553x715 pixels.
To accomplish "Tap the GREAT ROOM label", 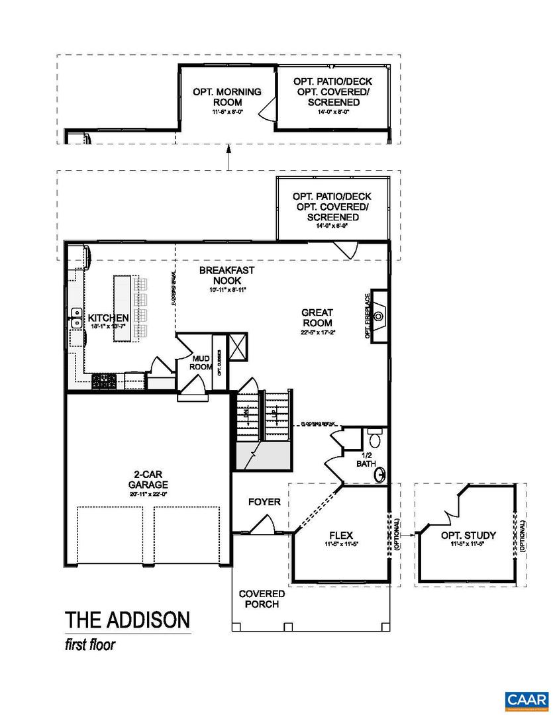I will coord(317,317).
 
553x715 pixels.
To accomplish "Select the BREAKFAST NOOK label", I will coord(226,275).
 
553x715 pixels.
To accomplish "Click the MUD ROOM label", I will coord(201,362).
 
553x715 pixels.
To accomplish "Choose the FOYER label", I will coord(264,502).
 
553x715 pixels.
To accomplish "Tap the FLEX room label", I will coord(340,535).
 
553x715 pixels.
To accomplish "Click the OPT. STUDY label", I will coord(468,535).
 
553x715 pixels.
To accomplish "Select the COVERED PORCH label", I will coord(262,598).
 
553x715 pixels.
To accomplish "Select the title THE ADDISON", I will coord(127,620).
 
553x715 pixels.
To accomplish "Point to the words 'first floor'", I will coord(89,645).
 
